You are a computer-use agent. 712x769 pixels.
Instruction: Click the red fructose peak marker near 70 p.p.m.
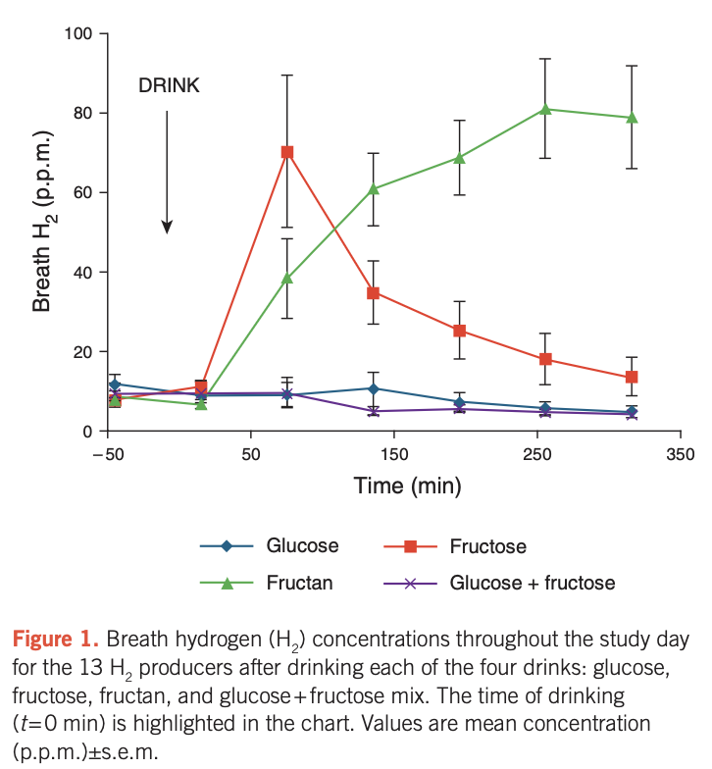tap(287, 152)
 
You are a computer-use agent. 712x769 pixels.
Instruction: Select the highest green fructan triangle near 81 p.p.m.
tap(546, 109)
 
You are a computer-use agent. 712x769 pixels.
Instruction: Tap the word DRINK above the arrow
tap(169, 86)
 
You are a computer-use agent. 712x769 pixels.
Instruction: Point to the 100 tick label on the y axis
tap(78, 34)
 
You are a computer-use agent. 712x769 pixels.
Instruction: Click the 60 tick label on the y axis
tap(82, 193)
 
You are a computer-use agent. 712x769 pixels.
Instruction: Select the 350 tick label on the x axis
tap(680, 454)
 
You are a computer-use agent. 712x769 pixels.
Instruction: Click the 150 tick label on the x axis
tap(393, 454)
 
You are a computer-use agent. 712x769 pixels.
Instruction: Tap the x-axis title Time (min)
tap(393, 486)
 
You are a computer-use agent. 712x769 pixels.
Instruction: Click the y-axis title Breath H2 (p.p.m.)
tap(42, 232)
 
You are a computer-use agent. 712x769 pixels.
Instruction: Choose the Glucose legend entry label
tap(302, 546)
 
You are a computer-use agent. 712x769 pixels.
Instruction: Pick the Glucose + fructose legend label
tap(532, 584)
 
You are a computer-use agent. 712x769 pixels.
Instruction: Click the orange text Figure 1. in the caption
tap(55, 641)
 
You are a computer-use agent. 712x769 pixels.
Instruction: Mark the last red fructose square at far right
tap(632, 378)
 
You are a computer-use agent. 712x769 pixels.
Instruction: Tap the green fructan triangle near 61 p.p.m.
tap(374, 188)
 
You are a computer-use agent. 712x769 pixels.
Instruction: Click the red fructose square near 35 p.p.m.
tap(374, 292)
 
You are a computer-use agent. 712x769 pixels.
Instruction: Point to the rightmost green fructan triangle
tap(632, 118)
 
